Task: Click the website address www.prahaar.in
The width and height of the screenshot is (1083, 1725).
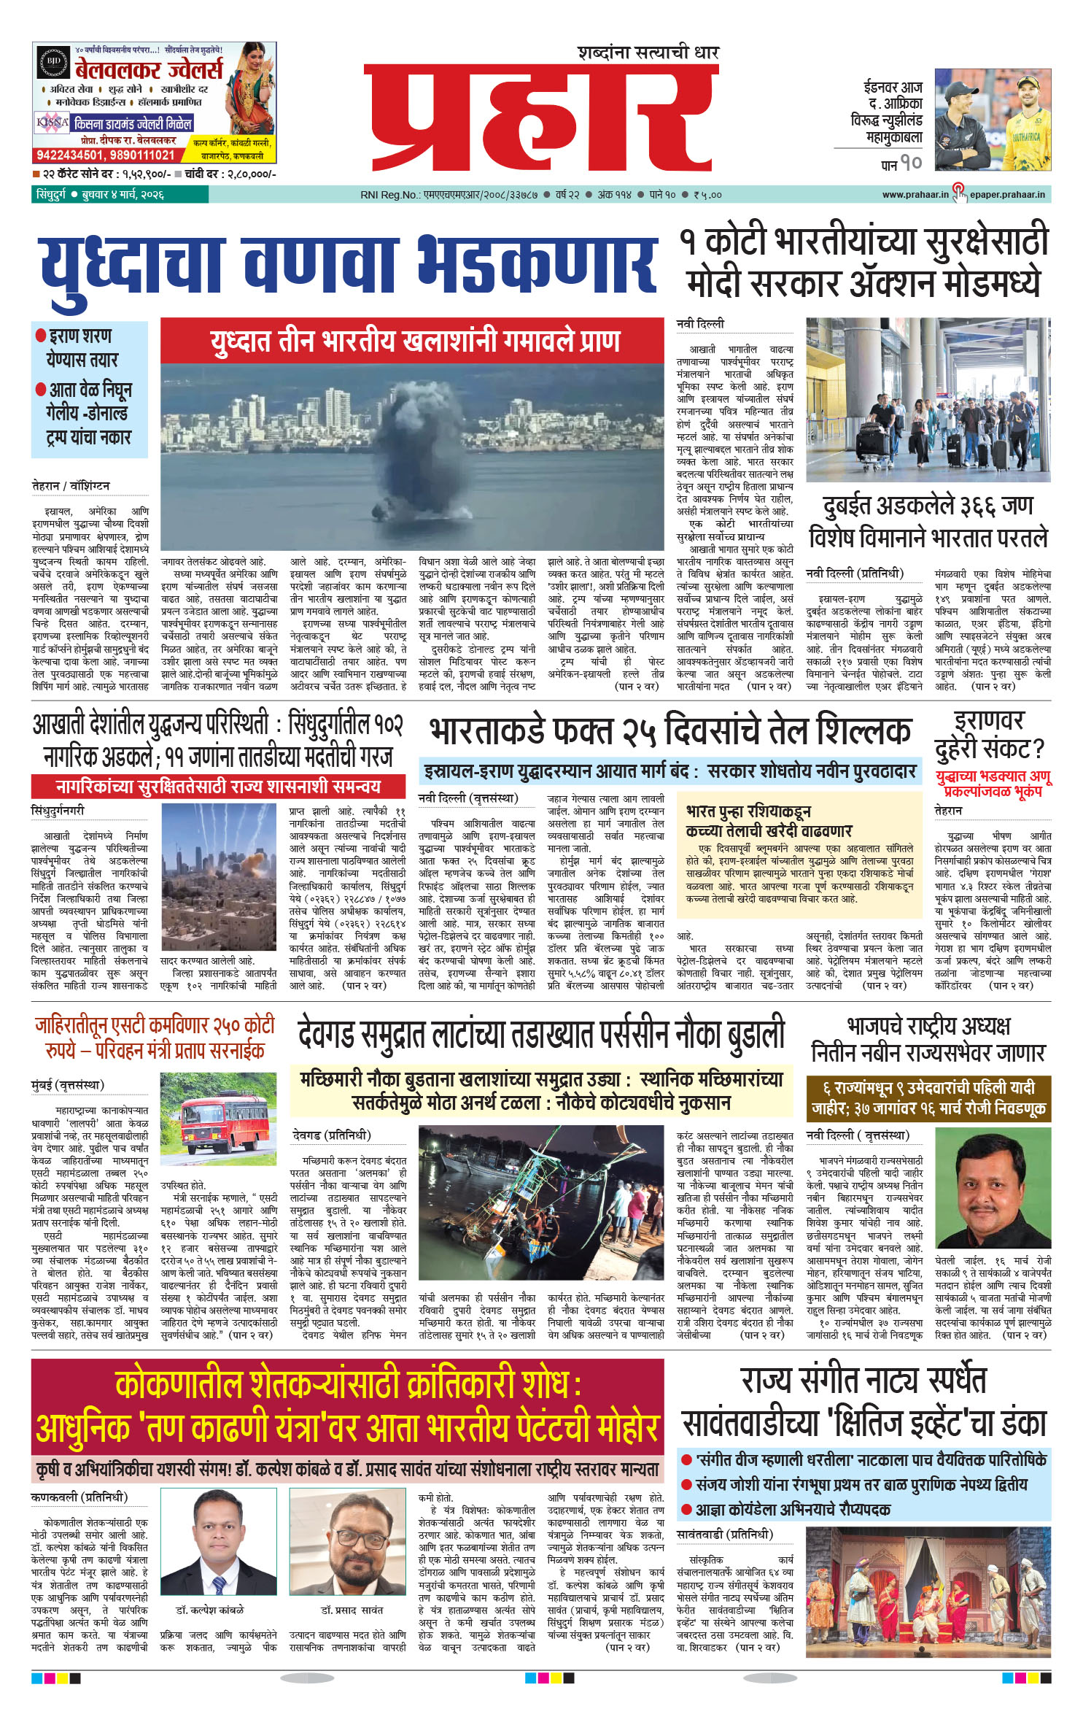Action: coord(915,195)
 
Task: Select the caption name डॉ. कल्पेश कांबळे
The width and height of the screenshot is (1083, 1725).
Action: coord(209,1609)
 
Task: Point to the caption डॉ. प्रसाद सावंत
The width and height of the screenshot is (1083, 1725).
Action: coord(352,1609)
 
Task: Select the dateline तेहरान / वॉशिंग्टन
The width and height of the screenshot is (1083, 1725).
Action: coord(71,485)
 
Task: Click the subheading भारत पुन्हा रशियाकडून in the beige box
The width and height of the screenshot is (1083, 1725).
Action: coord(748,811)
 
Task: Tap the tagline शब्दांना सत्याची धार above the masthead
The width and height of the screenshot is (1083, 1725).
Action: coord(648,53)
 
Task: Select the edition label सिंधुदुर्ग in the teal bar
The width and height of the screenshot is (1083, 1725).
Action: coord(50,195)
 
